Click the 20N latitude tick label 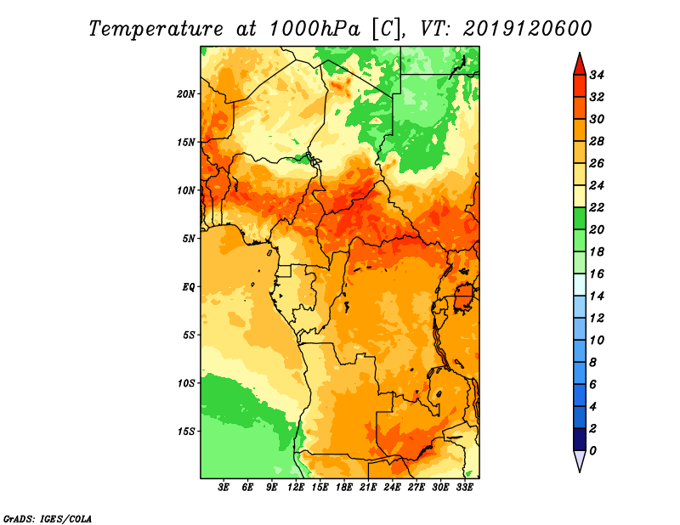pyautogui.click(x=186, y=94)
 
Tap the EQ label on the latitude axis pyautogui.click(x=189, y=287)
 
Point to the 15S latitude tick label pyautogui.click(x=186, y=432)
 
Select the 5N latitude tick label pyautogui.click(x=189, y=239)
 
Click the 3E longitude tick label pyautogui.click(x=224, y=487)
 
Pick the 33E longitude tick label pyautogui.click(x=464, y=487)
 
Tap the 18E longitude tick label pyautogui.click(x=344, y=487)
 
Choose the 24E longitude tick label pyautogui.click(x=392, y=487)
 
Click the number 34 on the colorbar pyautogui.click(x=597, y=75)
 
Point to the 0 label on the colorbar pyautogui.click(x=592, y=451)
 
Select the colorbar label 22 pyautogui.click(x=597, y=207)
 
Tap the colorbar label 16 pyautogui.click(x=597, y=274)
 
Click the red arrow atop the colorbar pyautogui.click(x=580, y=65)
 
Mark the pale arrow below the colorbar pyautogui.click(x=580, y=460)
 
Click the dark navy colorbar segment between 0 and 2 pyautogui.click(x=580, y=439)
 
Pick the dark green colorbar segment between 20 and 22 pyautogui.click(x=580, y=218)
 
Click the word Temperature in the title pyautogui.click(x=156, y=30)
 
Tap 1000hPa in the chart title pyautogui.click(x=314, y=29)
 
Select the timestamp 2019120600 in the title pyautogui.click(x=527, y=29)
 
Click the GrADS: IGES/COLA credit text pyautogui.click(x=48, y=519)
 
